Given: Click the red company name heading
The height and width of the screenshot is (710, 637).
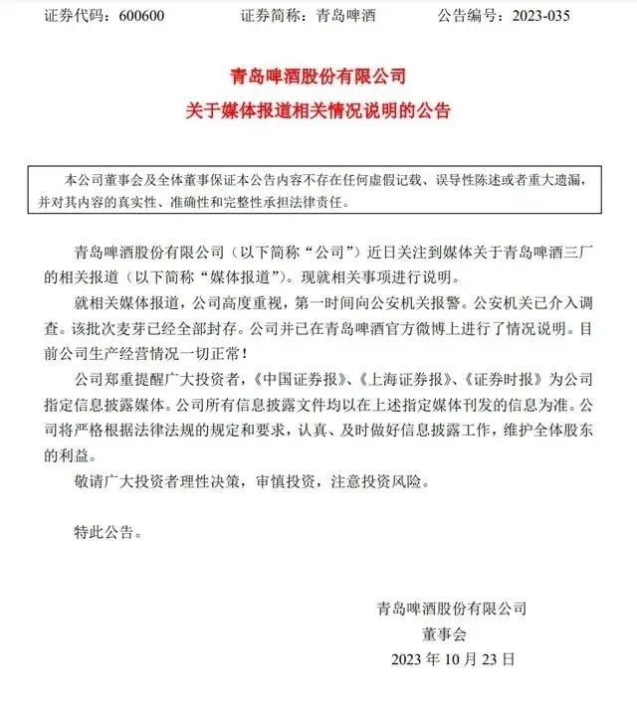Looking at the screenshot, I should click(x=318, y=76).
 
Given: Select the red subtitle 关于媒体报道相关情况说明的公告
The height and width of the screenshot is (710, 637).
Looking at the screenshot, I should click(x=318, y=110).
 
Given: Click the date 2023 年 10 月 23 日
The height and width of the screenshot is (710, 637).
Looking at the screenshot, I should click(x=453, y=657).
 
